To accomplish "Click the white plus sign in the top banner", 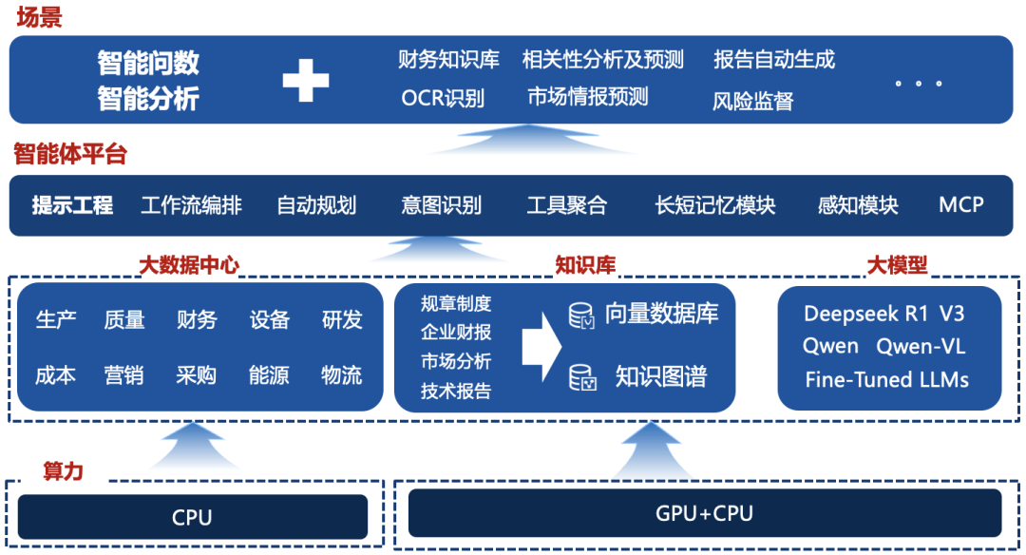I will click(305, 80).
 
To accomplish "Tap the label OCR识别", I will click(442, 98).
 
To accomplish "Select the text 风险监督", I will click(752, 101).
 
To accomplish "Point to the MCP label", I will click(960, 204).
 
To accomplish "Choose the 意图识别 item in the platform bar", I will click(441, 205).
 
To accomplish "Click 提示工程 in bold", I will click(72, 205).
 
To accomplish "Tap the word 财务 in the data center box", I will click(197, 320).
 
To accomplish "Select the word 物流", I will click(342, 375).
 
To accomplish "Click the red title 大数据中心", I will click(189, 266).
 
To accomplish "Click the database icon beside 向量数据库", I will click(581, 316).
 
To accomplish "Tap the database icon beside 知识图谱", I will click(581, 377).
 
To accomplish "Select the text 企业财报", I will click(456, 333).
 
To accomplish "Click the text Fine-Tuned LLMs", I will click(886, 379).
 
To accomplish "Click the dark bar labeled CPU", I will click(192, 517).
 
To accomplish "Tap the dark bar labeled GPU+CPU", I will click(704, 514).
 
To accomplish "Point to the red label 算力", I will click(63, 470).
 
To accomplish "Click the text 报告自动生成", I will click(773, 60).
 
